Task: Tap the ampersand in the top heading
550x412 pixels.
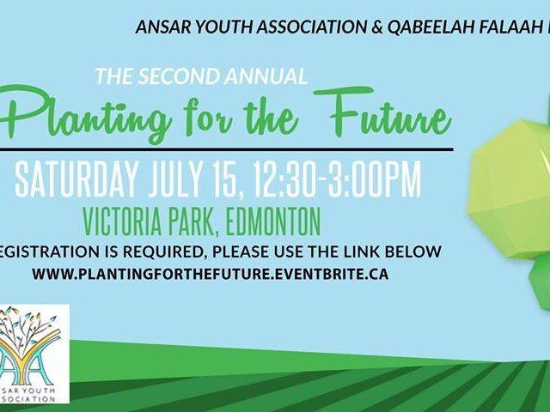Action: click(x=376, y=27)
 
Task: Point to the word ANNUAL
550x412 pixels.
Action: click(x=266, y=76)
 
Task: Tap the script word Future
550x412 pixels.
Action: click(x=382, y=111)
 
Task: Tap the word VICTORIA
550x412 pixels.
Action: click(x=123, y=221)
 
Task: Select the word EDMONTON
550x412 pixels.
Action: click(x=273, y=221)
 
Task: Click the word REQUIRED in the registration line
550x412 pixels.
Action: click(x=162, y=251)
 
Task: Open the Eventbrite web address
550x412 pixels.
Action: click(x=210, y=274)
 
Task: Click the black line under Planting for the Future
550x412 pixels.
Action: click(x=227, y=149)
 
